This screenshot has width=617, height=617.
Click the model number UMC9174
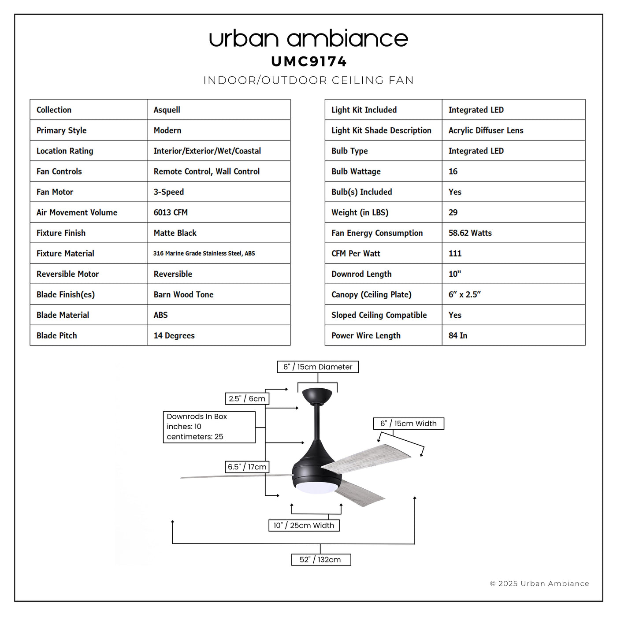point(308,61)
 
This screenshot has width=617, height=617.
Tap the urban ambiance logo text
point(308,39)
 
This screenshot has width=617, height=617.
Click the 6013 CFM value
point(171,212)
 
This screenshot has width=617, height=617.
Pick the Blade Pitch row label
point(57,335)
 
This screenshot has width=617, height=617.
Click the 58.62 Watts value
point(470,233)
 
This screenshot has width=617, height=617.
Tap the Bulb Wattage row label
point(356,171)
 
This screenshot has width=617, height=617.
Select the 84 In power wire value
point(458,335)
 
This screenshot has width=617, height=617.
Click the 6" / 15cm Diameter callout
point(318,367)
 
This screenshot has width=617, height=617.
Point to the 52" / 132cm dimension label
point(321,560)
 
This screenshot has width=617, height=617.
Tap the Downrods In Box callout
point(209,427)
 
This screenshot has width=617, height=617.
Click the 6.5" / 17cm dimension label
point(247,467)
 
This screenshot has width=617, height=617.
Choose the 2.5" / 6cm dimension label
point(247,399)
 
